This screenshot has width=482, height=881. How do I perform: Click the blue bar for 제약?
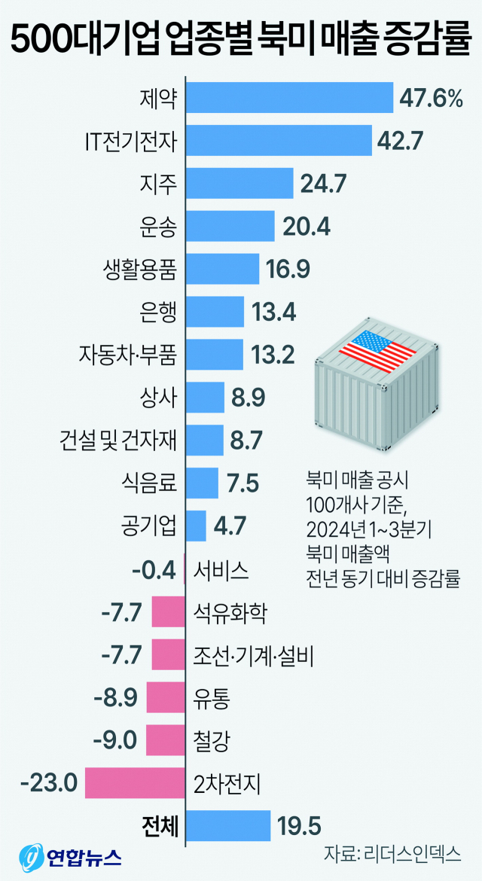pos(289,98)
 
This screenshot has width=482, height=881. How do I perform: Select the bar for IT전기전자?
pos(279,140)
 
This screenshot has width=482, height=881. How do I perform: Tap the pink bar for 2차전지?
pos(135,783)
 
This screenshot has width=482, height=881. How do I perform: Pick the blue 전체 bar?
pos(227,826)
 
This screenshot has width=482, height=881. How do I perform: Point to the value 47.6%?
pos(432,99)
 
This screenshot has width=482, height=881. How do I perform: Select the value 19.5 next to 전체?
pos(297,826)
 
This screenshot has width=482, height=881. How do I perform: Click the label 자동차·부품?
pos(127,354)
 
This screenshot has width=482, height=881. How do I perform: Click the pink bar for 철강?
pos(165,740)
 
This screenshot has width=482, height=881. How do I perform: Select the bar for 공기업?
pos(196,526)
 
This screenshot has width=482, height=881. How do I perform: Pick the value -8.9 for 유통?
pos(116,698)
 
